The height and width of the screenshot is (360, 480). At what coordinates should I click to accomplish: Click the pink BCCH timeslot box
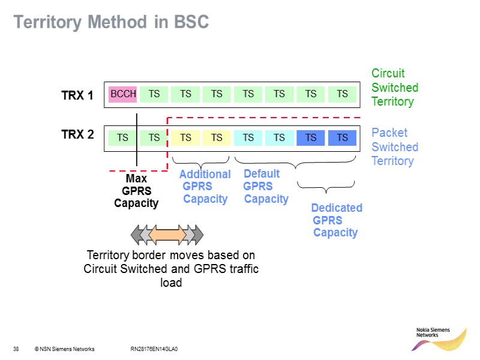pyautogui.click(x=123, y=94)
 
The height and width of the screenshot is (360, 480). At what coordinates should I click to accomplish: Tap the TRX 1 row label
pyautogui.click(x=77, y=95)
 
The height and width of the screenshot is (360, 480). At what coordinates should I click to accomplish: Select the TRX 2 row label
pyautogui.click(x=77, y=134)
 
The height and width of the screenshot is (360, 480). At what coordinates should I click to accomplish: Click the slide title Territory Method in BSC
pyautogui.click(x=111, y=23)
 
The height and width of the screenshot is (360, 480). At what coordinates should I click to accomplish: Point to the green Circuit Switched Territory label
pyautogui.click(x=394, y=88)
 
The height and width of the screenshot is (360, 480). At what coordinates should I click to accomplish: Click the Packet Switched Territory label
pyautogui.click(x=394, y=147)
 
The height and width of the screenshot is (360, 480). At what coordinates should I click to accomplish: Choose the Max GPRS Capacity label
pyautogui.click(x=136, y=191)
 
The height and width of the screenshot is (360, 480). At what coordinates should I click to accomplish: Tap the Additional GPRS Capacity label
pyautogui.click(x=205, y=187)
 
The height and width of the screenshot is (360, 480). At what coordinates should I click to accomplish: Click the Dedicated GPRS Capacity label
pyautogui.click(x=336, y=220)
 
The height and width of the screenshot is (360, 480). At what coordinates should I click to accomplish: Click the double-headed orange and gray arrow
pyautogui.click(x=168, y=234)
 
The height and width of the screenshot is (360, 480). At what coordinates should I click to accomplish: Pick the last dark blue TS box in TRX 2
pyautogui.click(x=342, y=138)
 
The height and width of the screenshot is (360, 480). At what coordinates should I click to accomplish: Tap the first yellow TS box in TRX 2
pyautogui.click(x=185, y=138)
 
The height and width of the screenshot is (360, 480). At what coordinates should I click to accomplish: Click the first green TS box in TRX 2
pyautogui.click(x=122, y=138)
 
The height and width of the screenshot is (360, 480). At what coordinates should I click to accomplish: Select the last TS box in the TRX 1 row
pyautogui.click(x=342, y=94)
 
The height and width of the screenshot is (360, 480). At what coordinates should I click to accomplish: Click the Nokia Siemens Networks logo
pyautogui.click(x=440, y=340)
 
